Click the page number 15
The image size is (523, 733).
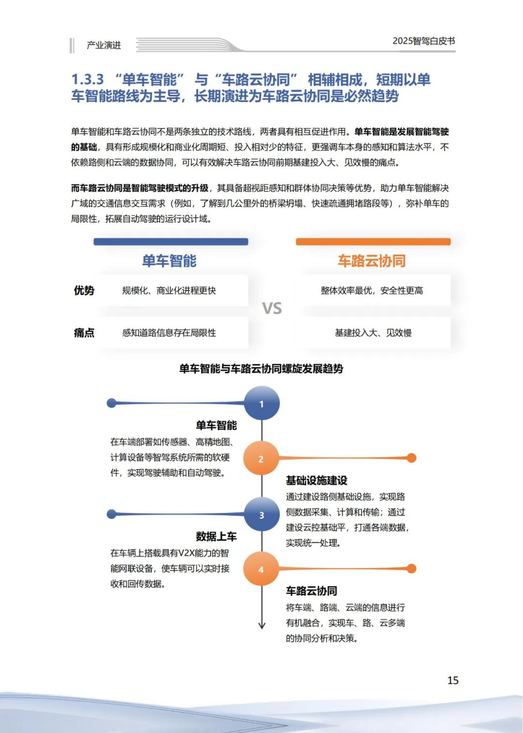pos(453,680)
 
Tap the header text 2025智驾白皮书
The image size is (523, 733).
pos(424,41)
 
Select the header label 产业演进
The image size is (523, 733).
pos(104,45)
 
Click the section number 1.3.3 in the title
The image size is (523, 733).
pos(88,79)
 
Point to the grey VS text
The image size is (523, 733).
pos(272,308)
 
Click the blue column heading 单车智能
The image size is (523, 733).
pos(169,261)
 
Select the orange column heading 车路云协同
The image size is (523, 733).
pos(372,261)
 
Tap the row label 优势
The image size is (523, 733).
pos(84,290)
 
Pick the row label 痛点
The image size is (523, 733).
pos(84,333)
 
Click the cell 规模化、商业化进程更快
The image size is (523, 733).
pos(169,290)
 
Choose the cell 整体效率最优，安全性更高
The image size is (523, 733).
pos(372,290)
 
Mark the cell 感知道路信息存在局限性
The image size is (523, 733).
pos(169,333)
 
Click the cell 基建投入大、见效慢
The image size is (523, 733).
pos(373,333)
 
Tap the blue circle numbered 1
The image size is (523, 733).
pos(261,403)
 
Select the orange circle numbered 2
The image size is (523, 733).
pos(261,458)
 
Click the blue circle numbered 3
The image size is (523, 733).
pos(261,515)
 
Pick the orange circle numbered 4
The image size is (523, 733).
pos(261,569)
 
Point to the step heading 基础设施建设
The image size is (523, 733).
pos(317,480)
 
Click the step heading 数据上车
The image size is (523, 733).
pos(216,536)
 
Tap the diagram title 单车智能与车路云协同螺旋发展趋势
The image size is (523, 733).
pos(261,369)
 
